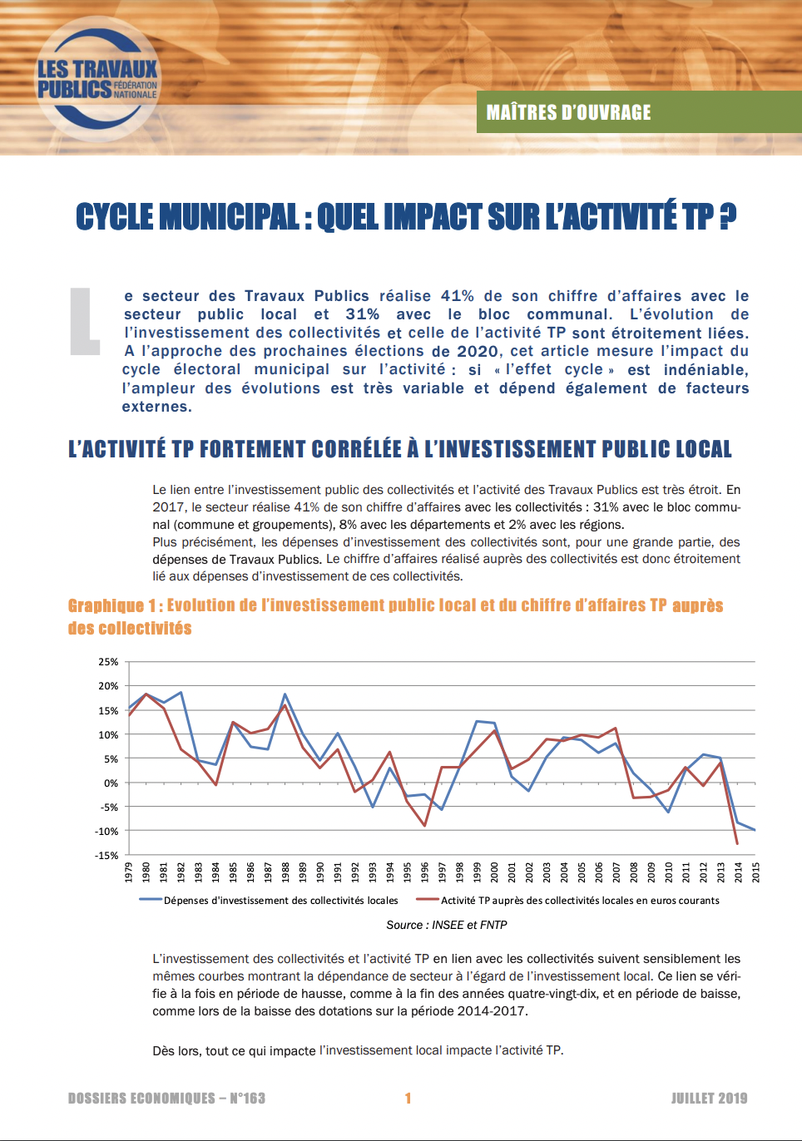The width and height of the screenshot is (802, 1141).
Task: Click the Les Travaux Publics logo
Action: point(97,78)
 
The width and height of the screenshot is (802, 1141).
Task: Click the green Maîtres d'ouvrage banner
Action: point(639,111)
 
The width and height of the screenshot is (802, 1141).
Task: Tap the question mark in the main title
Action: point(729,216)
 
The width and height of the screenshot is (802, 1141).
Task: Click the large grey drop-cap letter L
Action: point(85,321)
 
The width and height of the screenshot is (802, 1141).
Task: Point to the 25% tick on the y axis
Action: point(108,662)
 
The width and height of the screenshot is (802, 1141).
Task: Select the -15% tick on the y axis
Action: point(106,855)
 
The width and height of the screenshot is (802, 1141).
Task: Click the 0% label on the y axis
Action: point(111,783)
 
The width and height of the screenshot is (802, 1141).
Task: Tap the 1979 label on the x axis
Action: point(128,872)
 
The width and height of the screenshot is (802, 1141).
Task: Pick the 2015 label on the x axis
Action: point(755,872)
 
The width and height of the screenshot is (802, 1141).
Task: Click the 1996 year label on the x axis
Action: point(424,872)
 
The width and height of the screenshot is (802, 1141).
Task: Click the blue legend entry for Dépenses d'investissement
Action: point(269,900)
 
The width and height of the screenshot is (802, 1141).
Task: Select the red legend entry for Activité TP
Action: point(568,900)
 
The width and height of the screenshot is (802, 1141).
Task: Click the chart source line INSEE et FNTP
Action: point(447,925)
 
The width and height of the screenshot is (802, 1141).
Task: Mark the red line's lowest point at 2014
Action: point(737,844)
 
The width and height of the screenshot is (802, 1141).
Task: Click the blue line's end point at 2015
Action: point(755,830)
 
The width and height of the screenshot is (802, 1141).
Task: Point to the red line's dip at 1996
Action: point(424,826)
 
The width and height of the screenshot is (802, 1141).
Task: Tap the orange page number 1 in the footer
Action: point(408,1099)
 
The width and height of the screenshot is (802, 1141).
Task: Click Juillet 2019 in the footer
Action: point(710,1099)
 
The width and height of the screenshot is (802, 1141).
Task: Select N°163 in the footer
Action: point(248,1099)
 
